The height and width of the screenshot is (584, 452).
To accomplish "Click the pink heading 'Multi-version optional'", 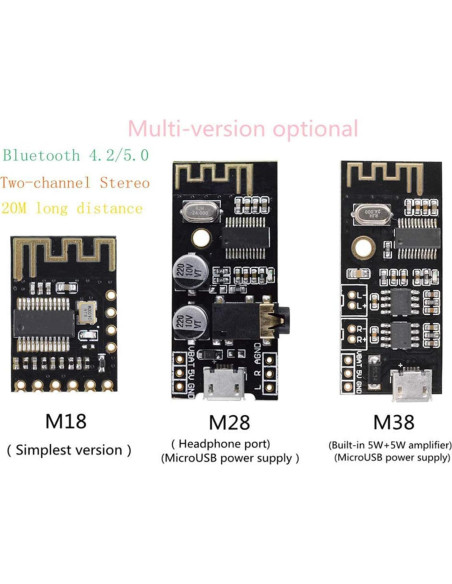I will click(x=243, y=129).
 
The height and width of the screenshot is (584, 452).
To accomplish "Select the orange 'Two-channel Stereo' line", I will click(x=76, y=183).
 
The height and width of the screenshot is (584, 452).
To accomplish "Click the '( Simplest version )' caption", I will click(x=69, y=450).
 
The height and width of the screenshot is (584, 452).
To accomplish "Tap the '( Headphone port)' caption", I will click(x=230, y=443).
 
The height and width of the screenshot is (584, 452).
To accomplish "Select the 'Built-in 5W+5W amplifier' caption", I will click(x=391, y=443).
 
